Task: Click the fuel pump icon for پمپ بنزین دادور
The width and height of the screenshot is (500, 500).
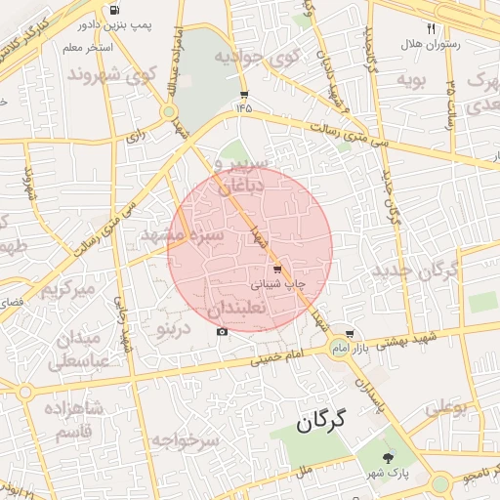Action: tap(117, 10)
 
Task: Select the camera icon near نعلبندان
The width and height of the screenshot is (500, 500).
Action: tap(223, 332)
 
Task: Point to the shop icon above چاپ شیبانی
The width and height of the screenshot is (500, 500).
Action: tap(277, 269)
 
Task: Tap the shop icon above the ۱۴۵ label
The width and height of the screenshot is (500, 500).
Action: tap(243, 95)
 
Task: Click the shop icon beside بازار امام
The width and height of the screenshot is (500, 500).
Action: tap(350, 334)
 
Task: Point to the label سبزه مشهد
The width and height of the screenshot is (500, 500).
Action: tap(183, 235)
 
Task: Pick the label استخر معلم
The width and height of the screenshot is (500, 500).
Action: tap(87, 47)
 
